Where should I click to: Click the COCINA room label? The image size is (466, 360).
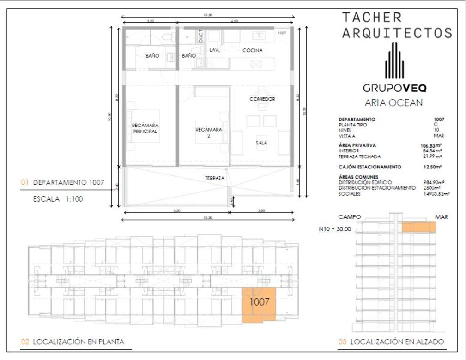coord(253,50)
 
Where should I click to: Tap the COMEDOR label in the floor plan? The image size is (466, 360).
coord(262,99)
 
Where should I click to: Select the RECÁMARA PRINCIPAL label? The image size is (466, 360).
coord(145,128)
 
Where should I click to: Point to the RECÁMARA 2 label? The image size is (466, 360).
coord(209,132)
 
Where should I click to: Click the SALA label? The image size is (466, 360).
coord(261,143)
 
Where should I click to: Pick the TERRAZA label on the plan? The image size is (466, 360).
coord(215,178)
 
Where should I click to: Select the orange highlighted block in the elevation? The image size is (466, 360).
coord(418,227)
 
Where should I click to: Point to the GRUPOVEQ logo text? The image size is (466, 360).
coord(394,88)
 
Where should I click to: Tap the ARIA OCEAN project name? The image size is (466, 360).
coord(393,103)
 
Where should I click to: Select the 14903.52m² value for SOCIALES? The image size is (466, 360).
coord(436,194)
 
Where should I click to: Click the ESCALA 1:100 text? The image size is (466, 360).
coord(58,200)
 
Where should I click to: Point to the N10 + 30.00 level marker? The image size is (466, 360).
coord(335,228)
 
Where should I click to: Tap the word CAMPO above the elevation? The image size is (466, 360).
coord(350,216)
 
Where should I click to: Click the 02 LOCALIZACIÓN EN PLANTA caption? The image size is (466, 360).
coord(73,342)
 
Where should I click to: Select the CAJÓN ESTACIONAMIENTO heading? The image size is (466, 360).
coord(369,167)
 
